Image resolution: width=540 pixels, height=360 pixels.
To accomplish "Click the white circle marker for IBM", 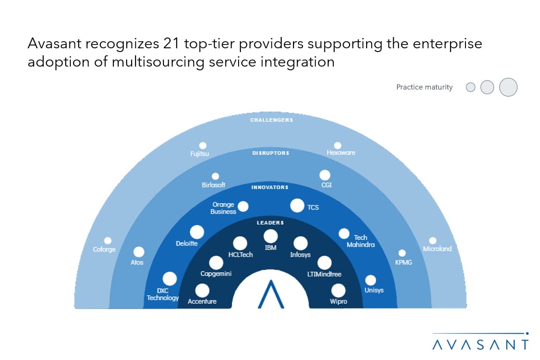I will pos(270,236).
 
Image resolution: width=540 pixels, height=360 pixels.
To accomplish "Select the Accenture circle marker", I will pos(202,291).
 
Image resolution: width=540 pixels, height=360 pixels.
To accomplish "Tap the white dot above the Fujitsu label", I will pos(203,145).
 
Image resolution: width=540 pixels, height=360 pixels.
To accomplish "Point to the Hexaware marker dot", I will pos(337,145).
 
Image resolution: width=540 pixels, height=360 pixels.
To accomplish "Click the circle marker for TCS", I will pos(297,205).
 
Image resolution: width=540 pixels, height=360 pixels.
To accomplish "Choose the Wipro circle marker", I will pos(338,291).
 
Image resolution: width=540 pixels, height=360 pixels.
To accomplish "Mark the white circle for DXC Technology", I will pos(169,279).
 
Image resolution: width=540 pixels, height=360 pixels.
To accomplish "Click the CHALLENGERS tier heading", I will pos(271,120).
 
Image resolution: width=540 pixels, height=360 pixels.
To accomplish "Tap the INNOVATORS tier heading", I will pos(270,187).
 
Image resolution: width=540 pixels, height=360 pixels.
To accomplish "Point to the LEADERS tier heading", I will pos(270,223).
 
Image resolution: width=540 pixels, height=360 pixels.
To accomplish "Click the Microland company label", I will pos(437,249).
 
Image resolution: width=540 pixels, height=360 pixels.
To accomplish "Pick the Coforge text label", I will pos(104,249).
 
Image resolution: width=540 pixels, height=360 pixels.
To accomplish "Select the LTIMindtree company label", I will pos(324,274).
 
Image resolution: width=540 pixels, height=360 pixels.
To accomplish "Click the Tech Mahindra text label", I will pos(360,241).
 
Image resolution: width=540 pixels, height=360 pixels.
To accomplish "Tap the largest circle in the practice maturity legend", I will pos(508,87).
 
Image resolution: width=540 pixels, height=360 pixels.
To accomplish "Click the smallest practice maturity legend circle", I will pos(471,87).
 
